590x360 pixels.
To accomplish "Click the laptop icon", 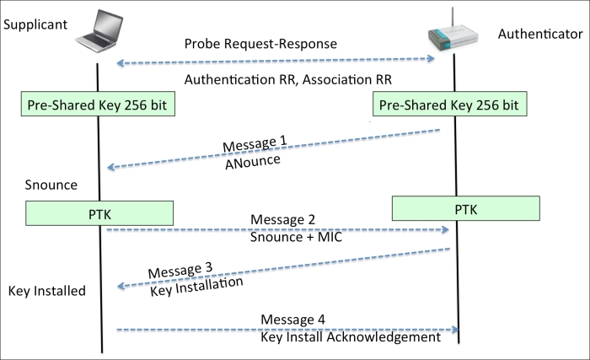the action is [x=99, y=30].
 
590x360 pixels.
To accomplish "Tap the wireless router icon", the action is [x=453, y=35].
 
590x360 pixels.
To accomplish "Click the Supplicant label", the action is [x=35, y=24].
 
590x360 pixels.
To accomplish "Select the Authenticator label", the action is [x=540, y=34].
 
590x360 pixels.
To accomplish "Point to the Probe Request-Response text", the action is [x=260, y=44].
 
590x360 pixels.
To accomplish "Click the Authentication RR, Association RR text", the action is [x=288, y=80].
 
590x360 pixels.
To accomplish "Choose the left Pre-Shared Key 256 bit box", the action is [x=98, y=104].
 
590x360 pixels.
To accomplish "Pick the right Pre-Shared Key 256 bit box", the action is [x=449, y=104].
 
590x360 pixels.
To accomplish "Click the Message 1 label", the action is [x=255, y=143].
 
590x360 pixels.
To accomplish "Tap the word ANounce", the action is [x=253, y=162].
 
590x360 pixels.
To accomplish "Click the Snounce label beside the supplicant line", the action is [x=51, y=185].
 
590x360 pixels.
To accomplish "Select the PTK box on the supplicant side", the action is [x=99, y=213].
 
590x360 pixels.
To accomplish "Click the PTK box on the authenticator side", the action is [x=466, y=208].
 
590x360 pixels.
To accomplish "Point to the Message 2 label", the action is [x=282, y=219].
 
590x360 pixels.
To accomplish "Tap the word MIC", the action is [x=330, y=237].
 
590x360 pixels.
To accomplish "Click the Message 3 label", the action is [x=180, y=270].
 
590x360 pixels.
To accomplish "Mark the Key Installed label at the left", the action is [x=47, y=291].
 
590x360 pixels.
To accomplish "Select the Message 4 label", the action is [x=292, y=320].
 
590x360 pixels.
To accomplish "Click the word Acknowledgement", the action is [x=383, y=337].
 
